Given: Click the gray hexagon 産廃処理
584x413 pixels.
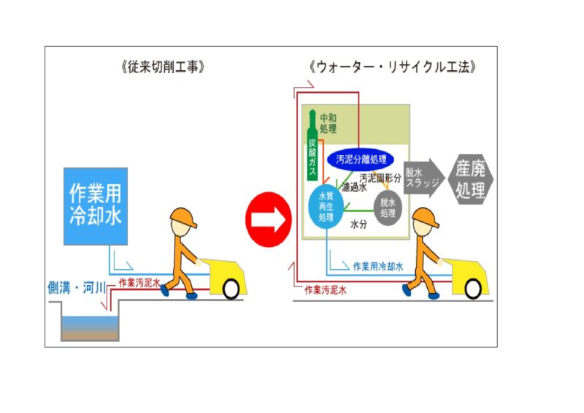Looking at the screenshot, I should pyautogui.click(x=471, y=178).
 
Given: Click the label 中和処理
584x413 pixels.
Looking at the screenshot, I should pyautogui.click(x=328, y=123).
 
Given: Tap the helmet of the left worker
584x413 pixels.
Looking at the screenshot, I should pyautogui.click(x=181, y=216).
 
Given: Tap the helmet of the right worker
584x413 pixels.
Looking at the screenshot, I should pyautogui.click(x=423, y=216).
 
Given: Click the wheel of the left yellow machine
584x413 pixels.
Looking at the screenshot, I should pyautogui.click(x=231, y=289).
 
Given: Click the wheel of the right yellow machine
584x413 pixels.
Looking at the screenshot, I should pyautogui.click(x=474, y=289).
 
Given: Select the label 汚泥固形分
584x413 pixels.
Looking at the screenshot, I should pyautogui.click(x=379, y=178).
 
